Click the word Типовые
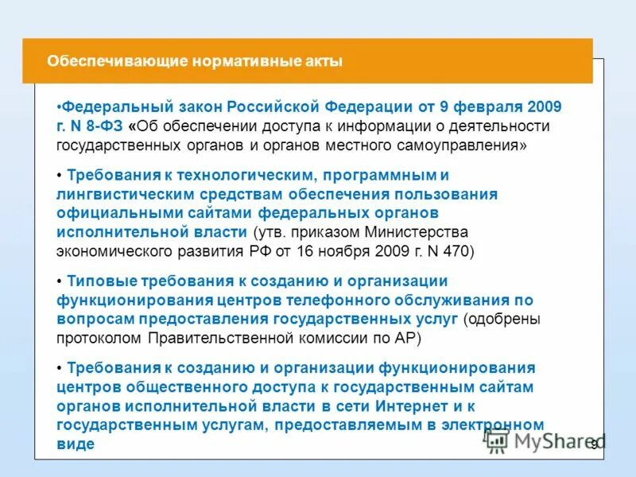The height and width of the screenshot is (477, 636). click(x=102, y=281)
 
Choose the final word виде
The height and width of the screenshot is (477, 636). click(x=76, y=444)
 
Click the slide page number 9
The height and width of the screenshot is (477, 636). click(x=593, y=445)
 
